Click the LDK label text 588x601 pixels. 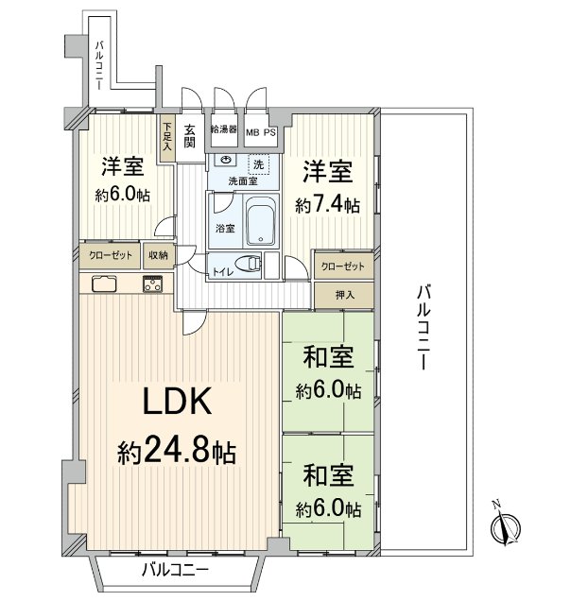177,404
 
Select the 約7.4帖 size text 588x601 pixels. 327,204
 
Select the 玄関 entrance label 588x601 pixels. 189,136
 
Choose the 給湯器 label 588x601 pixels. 223,129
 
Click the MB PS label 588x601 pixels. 261,132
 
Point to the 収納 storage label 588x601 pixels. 157,255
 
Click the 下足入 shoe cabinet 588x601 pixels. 166,136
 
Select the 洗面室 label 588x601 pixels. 241,180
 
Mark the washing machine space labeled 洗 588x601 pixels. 259,163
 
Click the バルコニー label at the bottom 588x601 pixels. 175,570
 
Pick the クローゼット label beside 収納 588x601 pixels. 111,255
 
